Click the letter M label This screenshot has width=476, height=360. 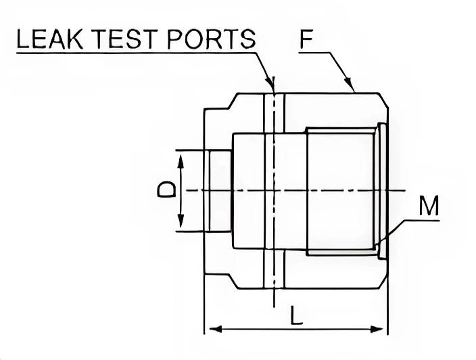click(x=428, y=206)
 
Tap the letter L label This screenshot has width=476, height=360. click(x=296, y=315)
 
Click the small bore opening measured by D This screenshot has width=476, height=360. click(x=220, y=190)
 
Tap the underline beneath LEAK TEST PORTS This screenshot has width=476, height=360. click(x=135, y=53)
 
